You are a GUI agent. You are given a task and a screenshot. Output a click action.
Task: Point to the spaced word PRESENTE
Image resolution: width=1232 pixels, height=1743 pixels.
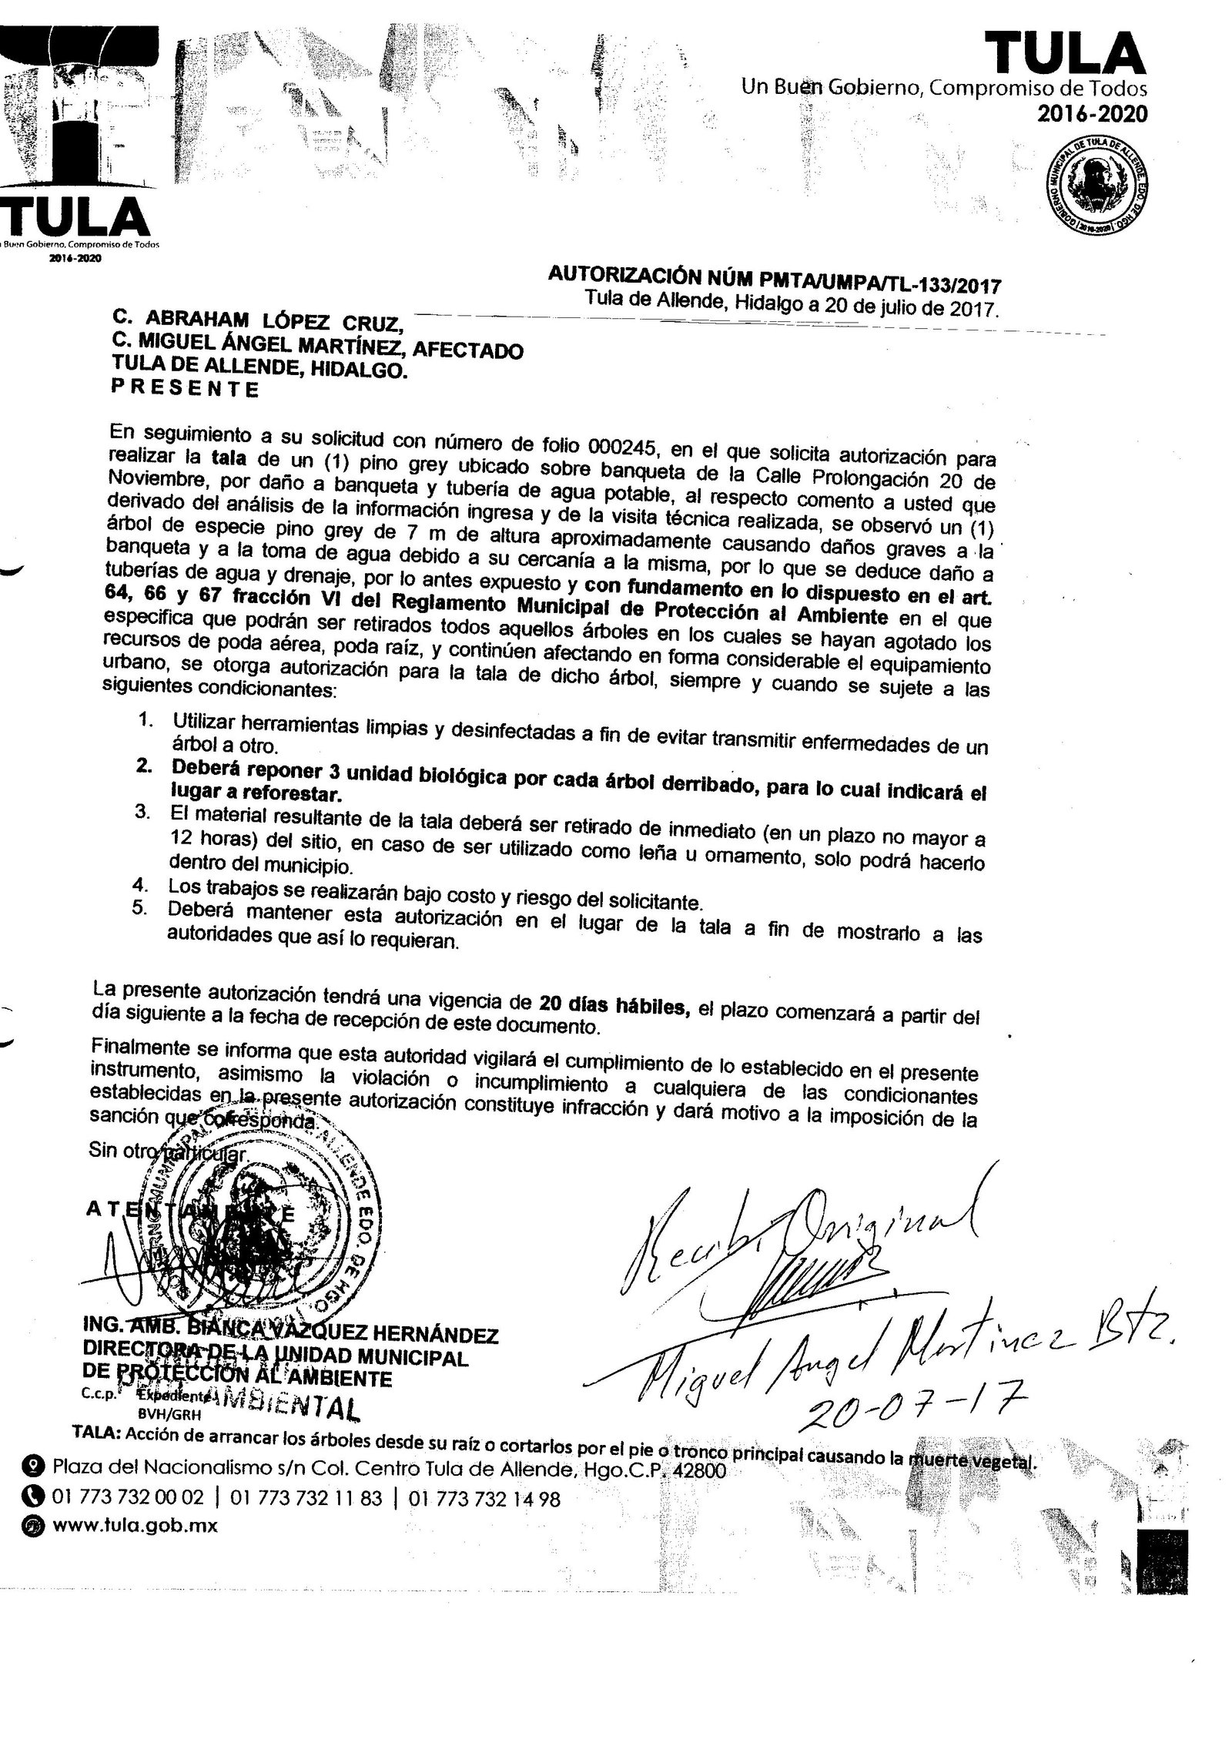coord(185,390)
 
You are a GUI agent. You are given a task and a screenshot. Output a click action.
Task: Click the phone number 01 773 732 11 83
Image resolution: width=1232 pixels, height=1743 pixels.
coord(306,1498)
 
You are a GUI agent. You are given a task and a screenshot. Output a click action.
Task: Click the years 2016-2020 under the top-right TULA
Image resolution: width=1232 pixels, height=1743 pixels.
coord(1091,114)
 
